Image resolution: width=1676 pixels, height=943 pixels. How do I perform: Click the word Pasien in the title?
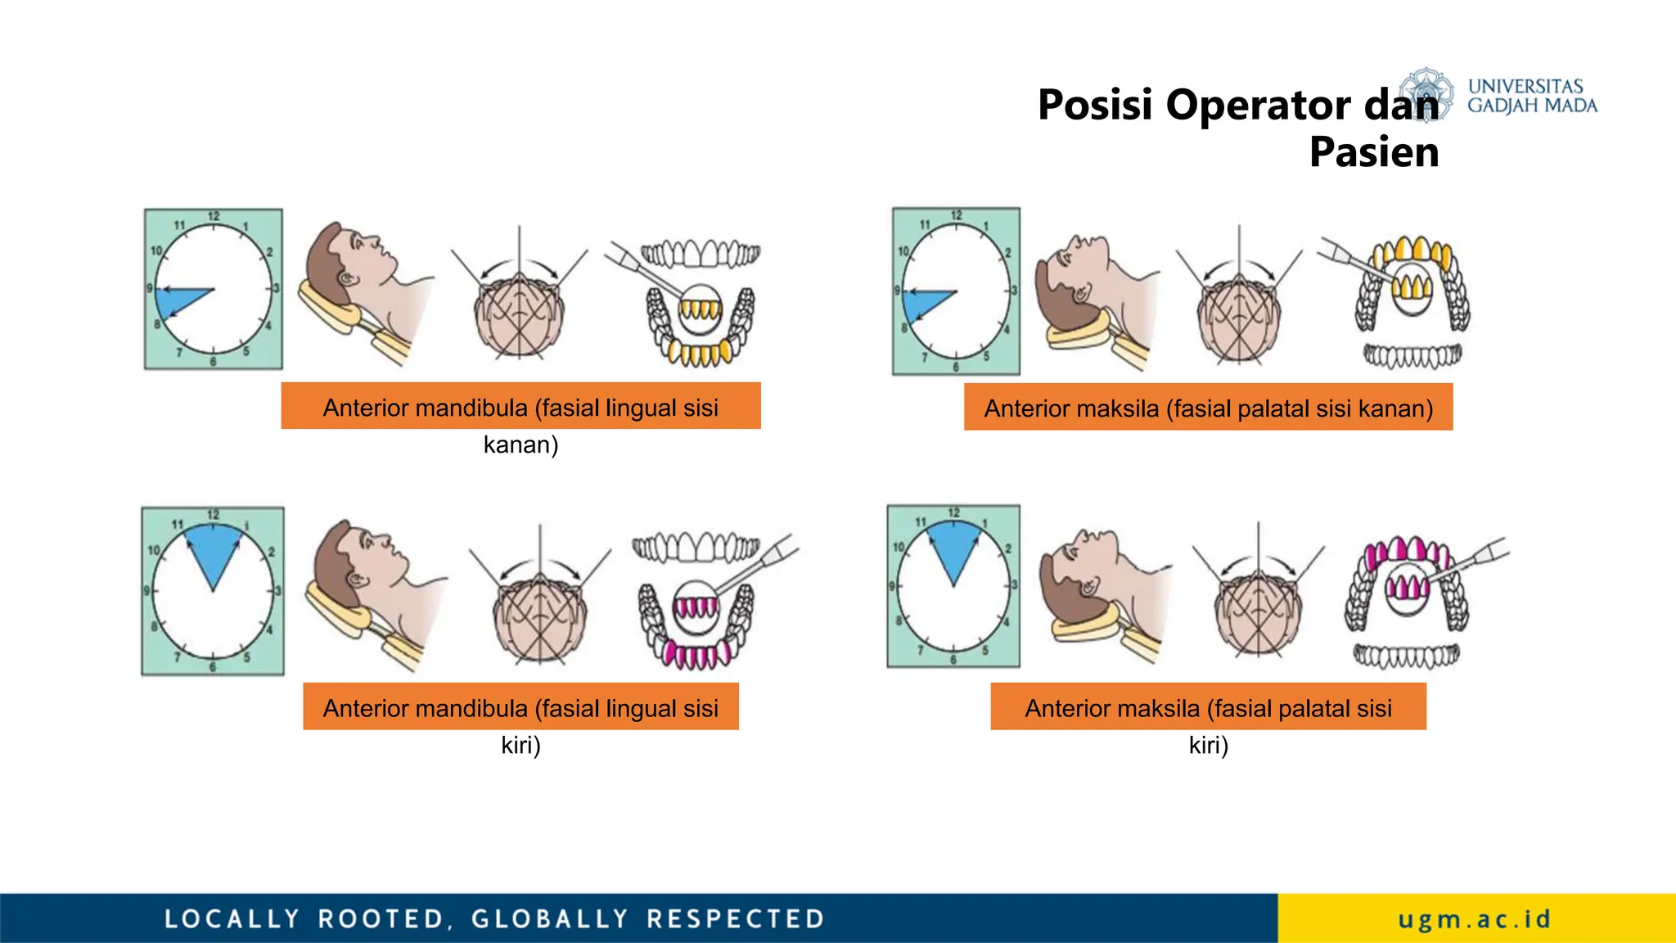click(1374, 152)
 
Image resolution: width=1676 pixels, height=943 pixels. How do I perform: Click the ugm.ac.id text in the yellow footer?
click(1474, 919)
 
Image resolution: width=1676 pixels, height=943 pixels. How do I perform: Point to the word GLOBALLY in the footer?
click(550, 918)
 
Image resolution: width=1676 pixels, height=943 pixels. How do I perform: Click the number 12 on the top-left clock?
click(214, 217)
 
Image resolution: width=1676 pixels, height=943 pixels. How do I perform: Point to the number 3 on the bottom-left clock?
click(277, 590)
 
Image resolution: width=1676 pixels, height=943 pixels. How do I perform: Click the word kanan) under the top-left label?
click(520, 445)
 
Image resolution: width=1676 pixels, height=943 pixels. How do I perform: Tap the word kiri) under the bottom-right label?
click(1209, 746)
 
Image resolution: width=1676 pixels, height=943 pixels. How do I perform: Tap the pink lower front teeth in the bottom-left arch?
click(691, 655)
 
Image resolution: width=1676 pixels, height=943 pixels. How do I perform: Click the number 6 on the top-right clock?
click(956, 367)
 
